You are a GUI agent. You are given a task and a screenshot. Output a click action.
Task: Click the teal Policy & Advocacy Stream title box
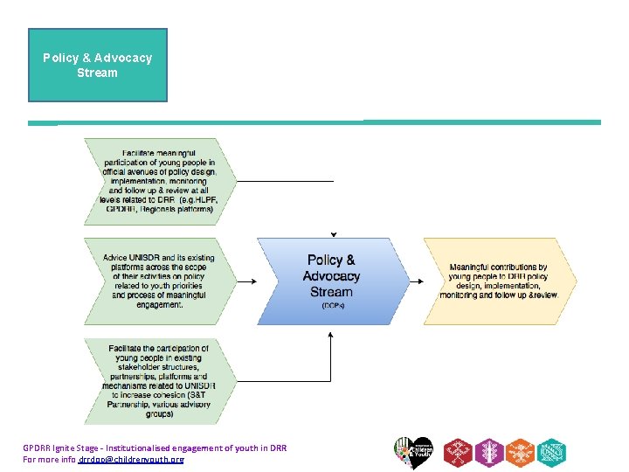coord(98,65)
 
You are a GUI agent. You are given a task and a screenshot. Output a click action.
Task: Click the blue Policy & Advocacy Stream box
coord(331,281)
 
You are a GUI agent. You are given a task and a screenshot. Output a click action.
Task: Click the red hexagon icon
coord(458,453)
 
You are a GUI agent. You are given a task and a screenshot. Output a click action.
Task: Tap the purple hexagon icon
coord(489,453)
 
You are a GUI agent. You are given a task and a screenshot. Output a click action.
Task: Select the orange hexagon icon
coord(521,453)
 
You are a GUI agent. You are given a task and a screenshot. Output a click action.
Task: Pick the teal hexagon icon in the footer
coord(552,453)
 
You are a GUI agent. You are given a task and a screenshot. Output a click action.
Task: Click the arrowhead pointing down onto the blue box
coord(333,234)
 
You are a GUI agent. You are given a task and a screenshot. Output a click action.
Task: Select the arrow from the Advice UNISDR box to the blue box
coord(245,281)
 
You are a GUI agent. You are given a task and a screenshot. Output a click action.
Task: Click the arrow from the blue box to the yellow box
coord(418,281)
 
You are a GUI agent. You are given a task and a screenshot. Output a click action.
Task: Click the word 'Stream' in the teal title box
coord(98,73)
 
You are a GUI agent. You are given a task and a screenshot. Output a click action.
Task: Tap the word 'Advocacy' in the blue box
coord(332,276)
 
